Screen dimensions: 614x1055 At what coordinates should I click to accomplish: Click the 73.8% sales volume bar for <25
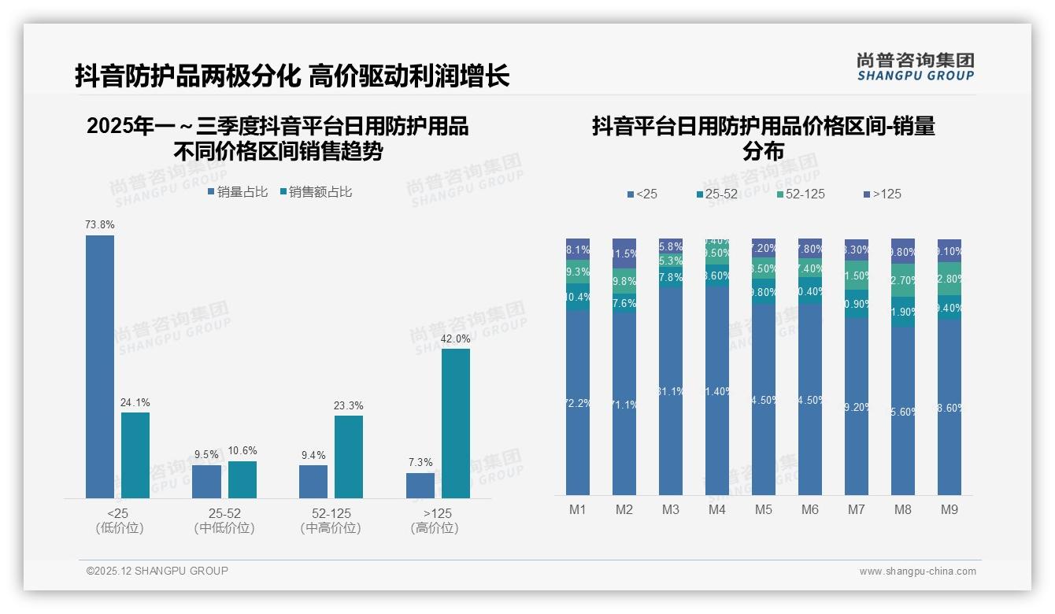tap(100, 366)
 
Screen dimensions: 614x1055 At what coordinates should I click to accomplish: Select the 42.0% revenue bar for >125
tap(456, 423)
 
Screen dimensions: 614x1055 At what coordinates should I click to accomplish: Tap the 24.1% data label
tap(135, 402)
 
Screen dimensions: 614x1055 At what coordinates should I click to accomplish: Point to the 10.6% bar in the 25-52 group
tap(242, 479)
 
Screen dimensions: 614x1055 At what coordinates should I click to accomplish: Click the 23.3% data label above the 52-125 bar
tap(349, 405)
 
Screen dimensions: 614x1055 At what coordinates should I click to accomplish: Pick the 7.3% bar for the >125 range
tap(420, 485)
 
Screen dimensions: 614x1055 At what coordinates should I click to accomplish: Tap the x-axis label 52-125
tap(331, 513)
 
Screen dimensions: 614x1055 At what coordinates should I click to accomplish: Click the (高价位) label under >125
tap(435, 528)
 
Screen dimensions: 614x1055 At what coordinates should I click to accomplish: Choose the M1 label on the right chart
tap(578, 509)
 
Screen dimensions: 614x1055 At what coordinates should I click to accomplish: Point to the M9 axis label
tap(949, 509)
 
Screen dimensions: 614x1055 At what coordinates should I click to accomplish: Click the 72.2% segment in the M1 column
tap(578, 402)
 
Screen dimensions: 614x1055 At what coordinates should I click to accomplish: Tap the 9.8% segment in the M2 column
tap(624, 281)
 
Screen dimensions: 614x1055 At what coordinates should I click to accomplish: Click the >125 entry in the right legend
tap(887, 194)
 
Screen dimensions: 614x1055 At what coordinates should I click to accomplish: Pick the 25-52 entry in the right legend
tap(720, 194)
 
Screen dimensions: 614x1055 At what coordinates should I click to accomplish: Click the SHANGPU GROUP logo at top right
tap(916, 66)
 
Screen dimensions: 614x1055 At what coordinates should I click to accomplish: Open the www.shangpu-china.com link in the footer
tap(917, 571)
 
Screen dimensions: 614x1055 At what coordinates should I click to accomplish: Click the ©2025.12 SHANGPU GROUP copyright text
tap(157, 571)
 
